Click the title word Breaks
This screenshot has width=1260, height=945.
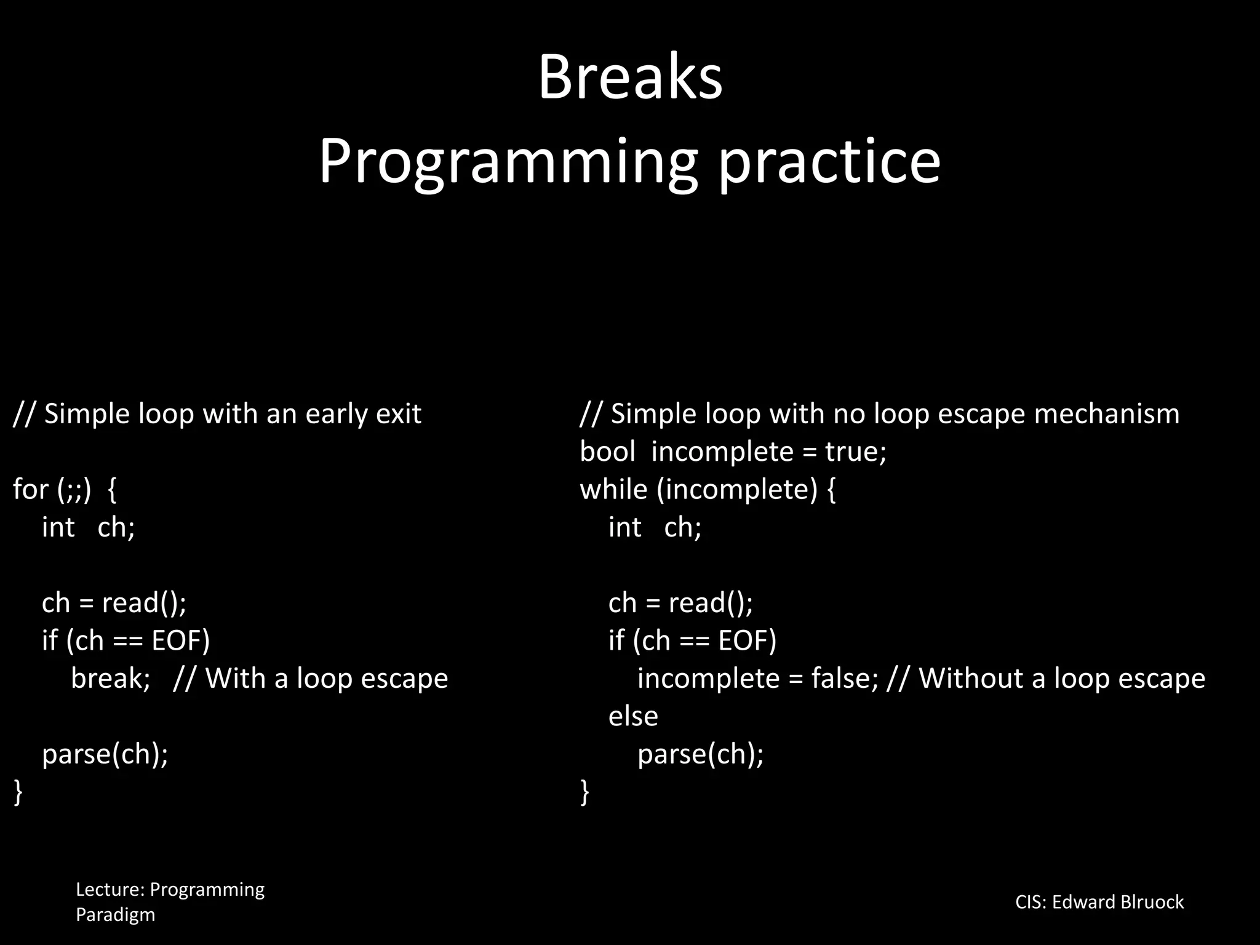[x=630, y=78]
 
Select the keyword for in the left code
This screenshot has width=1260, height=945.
[x=30, y=489]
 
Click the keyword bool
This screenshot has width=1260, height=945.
[x=607, y=452]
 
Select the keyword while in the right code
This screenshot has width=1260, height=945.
[x=613, y=489]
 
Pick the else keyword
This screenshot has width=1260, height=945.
[x=633, y=716]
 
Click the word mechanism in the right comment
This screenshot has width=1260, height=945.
[x=1106, y=413]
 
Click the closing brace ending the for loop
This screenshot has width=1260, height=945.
[x=18, y=791]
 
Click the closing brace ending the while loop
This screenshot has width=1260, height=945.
[x=584, y=791]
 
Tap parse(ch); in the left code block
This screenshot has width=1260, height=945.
[x=105, y=754]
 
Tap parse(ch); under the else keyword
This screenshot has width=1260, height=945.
[x=700, y=754]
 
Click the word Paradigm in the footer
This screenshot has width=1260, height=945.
[x=115, y=915]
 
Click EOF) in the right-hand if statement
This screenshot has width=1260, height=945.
[x=747, y=640]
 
